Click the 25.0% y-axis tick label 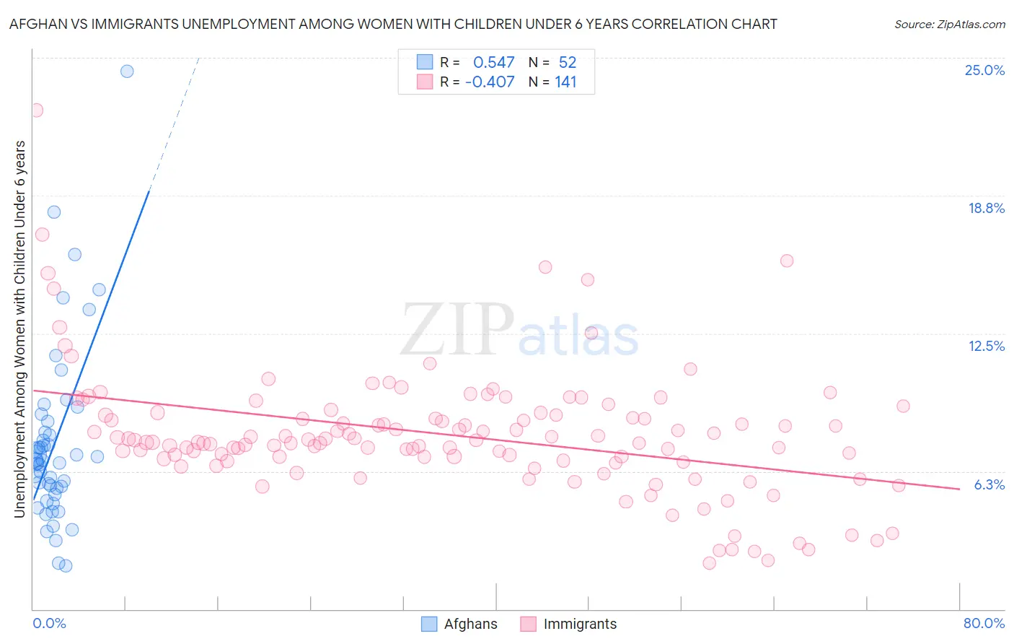[984, 70]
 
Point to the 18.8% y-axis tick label [986, 208]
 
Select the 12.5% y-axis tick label [986, 346]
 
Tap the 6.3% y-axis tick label [989, 484]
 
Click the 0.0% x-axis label [49, 623]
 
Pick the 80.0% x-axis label [984, 623]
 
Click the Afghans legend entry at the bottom [470, 624]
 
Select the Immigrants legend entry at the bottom [580, 624]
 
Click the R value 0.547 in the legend [494, 63]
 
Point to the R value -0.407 [490, 82]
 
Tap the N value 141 [566, 82]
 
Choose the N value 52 [568, 63]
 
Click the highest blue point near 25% [127, 71]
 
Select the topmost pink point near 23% [36, 110]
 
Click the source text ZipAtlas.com [949, 25]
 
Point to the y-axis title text [20, 329]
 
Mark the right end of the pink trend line [959, 489]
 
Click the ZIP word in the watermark [457, 330]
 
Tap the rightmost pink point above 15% [787, 261]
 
